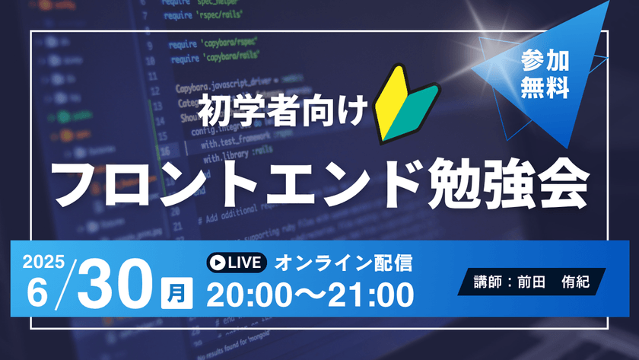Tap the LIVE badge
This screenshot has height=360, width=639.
[x=237, y=263]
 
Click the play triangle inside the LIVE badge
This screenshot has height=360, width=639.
[x=218, y=263]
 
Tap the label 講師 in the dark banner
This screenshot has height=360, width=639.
[x=483, y=282]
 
